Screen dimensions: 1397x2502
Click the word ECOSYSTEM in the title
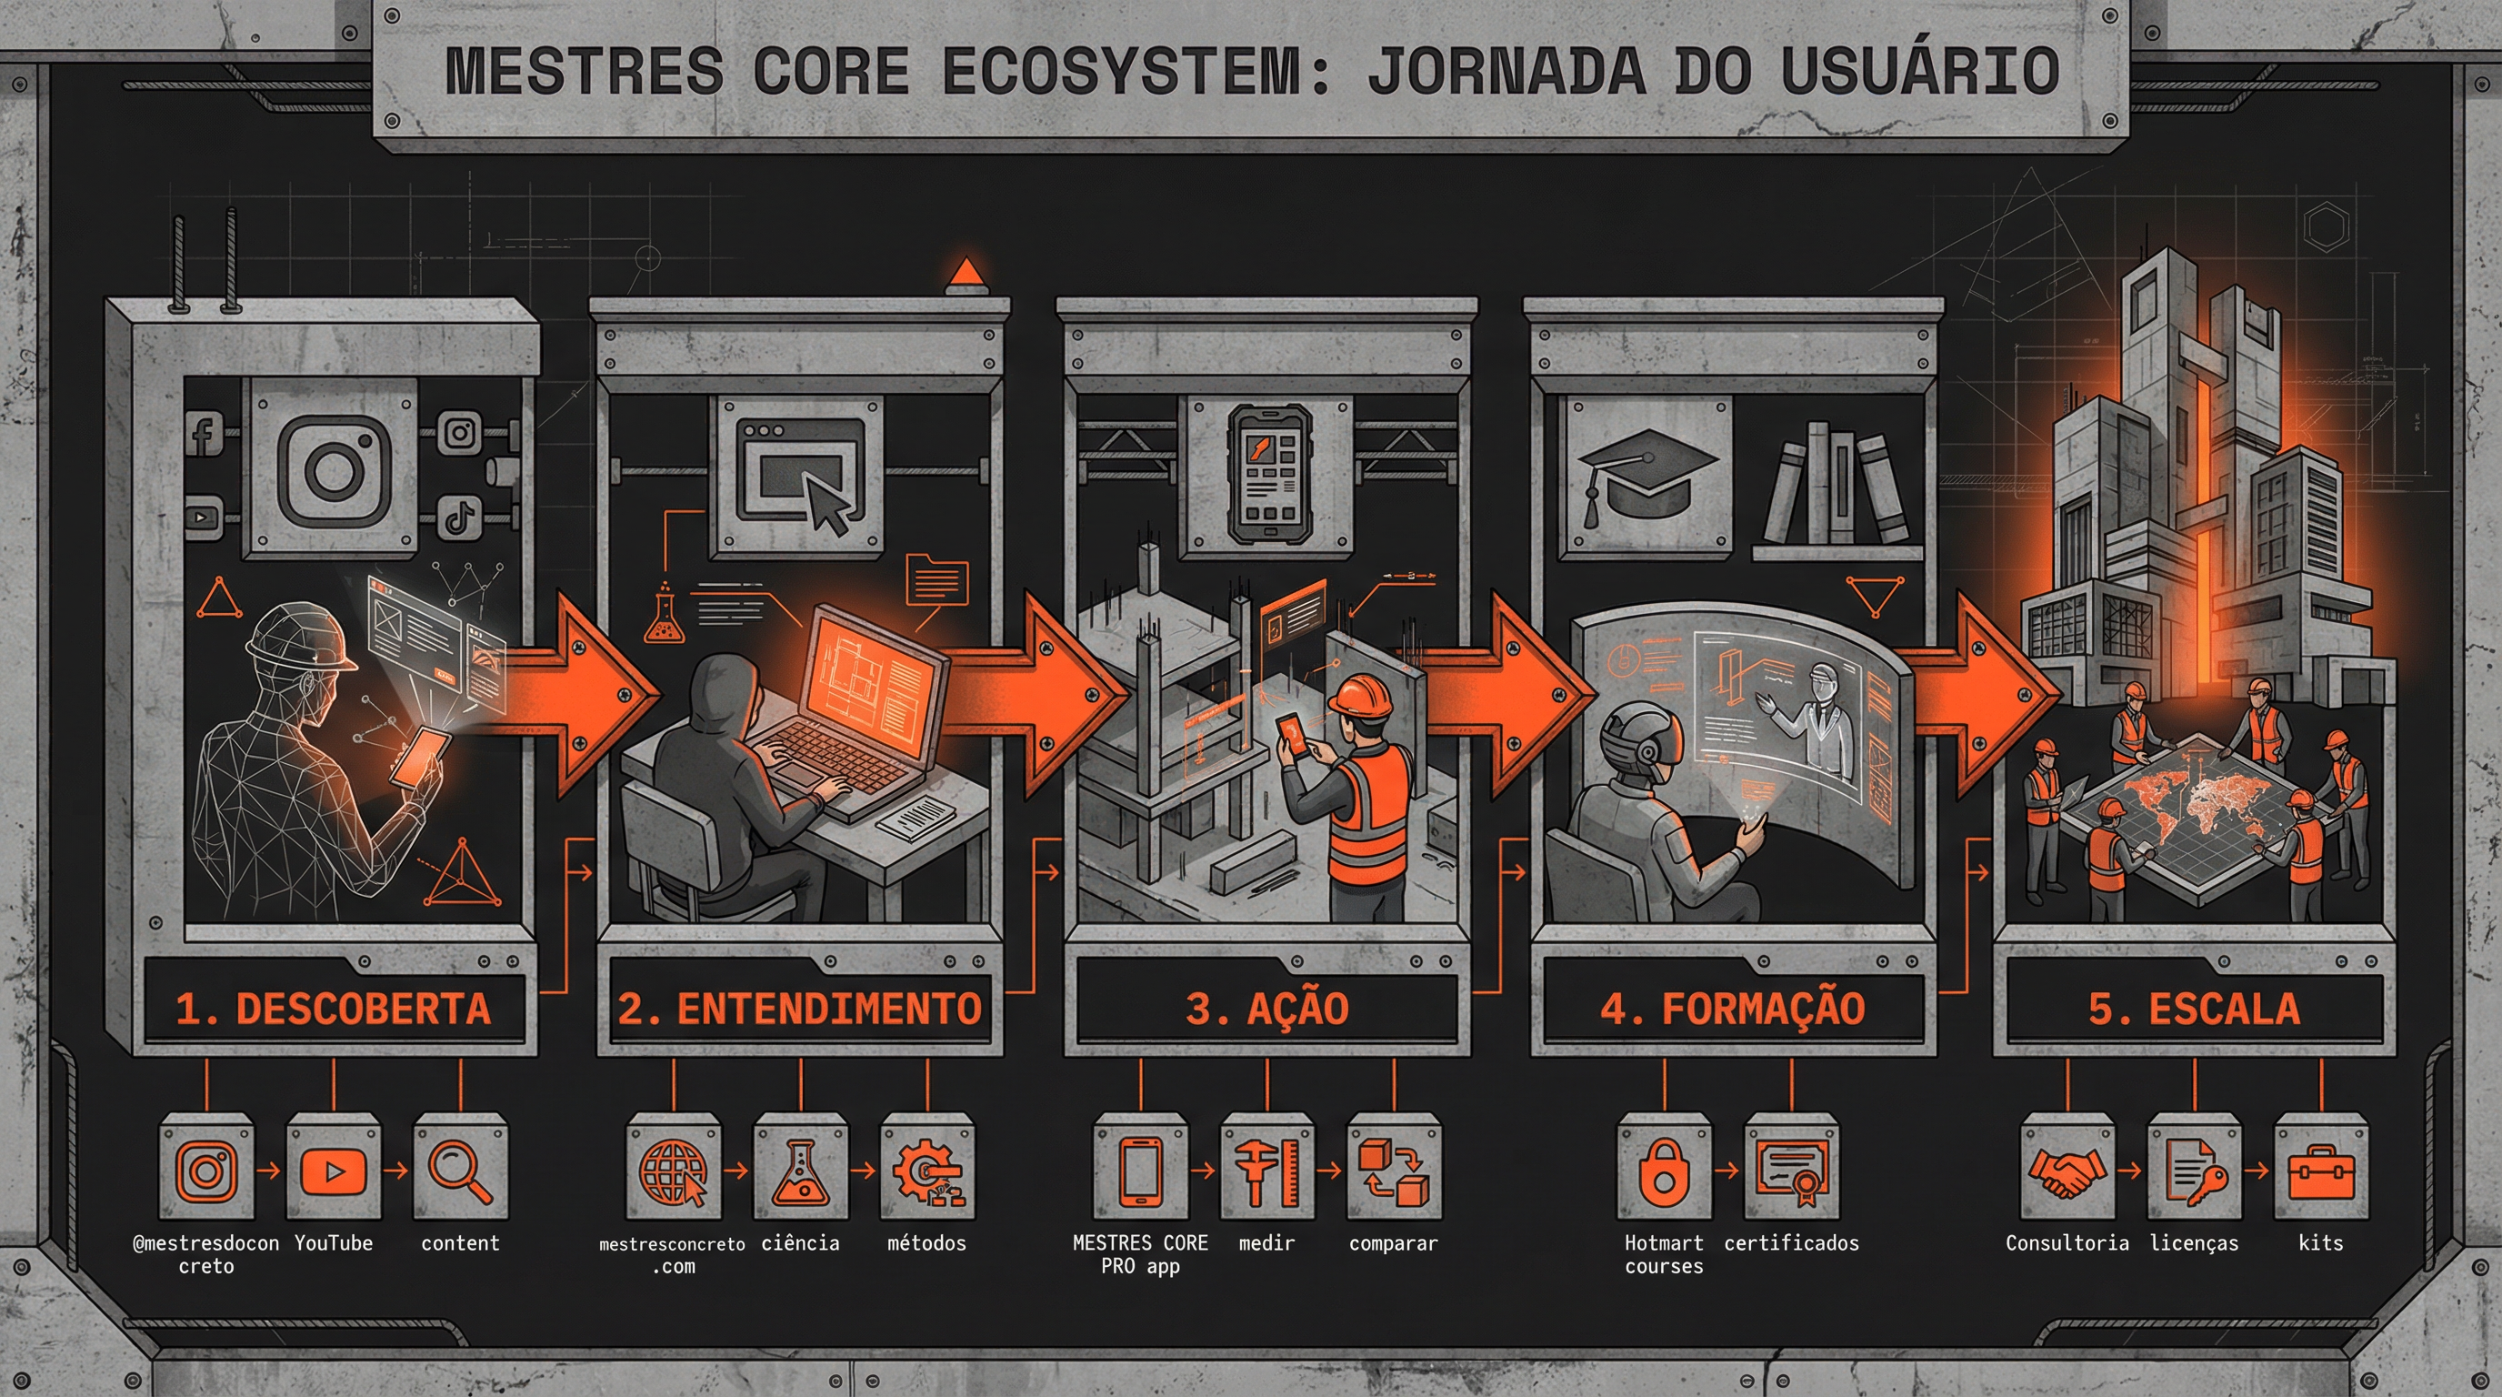[x=1121, y=71]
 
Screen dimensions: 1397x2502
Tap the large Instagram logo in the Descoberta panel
[x=333, y=469]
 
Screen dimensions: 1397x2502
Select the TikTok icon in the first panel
[x=459, y=516]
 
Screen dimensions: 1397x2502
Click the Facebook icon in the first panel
[x=204, y=434]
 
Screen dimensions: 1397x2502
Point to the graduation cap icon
[x=1646, y=476]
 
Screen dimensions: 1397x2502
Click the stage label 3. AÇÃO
[x=1266, y=1009]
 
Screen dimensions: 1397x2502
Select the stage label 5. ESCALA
[x=2194, y=1009]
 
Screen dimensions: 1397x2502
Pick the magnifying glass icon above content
[x=459, y=1170]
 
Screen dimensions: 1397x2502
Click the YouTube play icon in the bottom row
[x=333, y=1170]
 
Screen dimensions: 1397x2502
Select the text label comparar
[x=1393, y=1242]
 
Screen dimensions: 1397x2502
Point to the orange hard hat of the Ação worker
[x=1360, y=696]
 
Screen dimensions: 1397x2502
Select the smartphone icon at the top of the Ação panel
[x=1266, y=474]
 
